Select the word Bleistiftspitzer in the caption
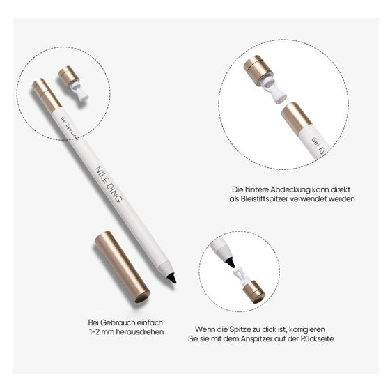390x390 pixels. [270, 198]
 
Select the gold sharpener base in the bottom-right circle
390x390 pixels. [254, 291]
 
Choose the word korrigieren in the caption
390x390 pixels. [324, 328]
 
